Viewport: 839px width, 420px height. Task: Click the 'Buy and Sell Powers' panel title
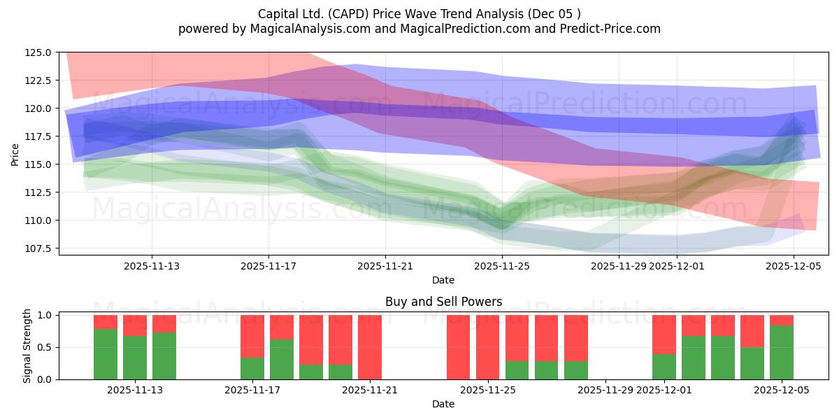pyautogui.click(x=443, y=302)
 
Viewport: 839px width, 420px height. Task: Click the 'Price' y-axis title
pyautogui.click(x=15, y=154)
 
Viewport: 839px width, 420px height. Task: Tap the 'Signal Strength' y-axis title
pyautogui.click(x=27, y=345)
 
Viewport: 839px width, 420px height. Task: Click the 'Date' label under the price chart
pyautogui.click(x=443, y=280)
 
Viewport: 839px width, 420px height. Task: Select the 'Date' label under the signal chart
pyautogui.click(x=443, y=404)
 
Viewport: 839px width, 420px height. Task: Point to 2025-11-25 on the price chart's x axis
pyautogui.click(x=502, y=266)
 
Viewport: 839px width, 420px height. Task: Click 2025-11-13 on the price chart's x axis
pyautogui.click(x=152, y=266)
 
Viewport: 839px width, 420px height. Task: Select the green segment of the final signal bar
pyautogui.click(x=782, y=353)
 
